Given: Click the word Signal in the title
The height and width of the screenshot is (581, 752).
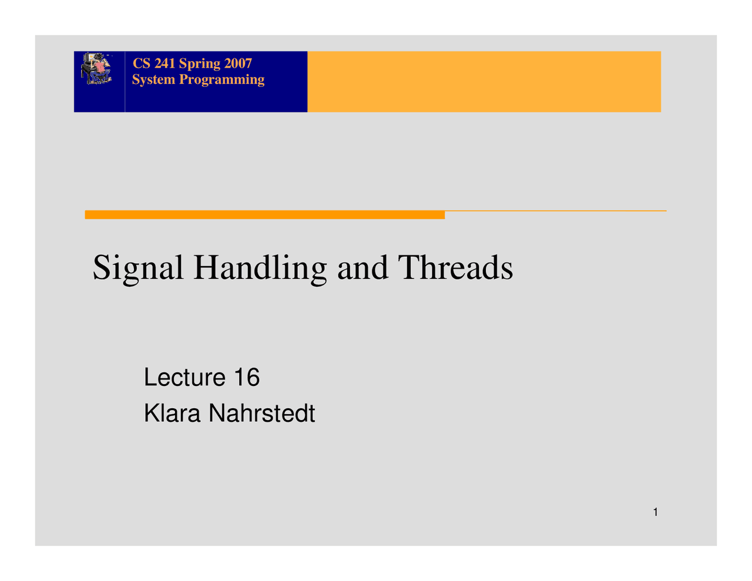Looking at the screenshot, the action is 137,269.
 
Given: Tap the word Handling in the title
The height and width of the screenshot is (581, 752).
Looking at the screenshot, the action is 260,269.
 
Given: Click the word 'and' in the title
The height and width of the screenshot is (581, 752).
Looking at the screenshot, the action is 362,268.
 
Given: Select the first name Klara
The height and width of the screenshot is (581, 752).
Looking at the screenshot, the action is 172,413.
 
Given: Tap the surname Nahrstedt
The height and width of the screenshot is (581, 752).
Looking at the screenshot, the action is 261,413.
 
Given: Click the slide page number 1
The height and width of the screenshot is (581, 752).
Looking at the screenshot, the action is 655,512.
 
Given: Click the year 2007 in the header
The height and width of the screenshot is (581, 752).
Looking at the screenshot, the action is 238,63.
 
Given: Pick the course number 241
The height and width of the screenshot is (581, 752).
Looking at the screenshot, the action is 164,63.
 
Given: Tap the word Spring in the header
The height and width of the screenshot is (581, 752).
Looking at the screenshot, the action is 200,65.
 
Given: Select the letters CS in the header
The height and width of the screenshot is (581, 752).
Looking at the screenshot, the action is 142,63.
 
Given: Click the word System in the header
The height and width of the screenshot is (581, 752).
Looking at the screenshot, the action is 153,80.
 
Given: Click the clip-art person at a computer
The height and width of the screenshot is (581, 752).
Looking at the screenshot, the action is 96,68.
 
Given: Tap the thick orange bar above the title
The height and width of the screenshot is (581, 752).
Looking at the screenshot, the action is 265,214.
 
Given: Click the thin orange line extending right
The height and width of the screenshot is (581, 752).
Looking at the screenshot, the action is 555,211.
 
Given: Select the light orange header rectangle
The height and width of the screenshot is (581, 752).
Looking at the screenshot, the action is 484,82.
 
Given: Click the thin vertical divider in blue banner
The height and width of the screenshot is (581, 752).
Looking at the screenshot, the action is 125,82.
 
